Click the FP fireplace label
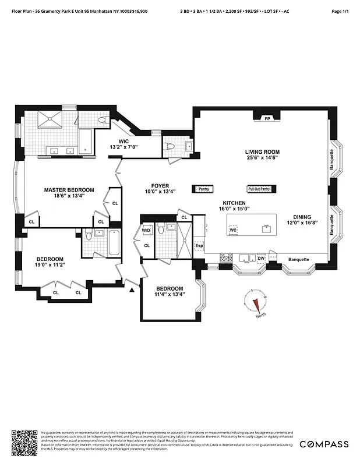point(267,118)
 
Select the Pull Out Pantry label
point(259,189)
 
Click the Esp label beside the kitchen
point(199,245)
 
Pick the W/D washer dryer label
point(146,231)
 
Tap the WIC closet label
point(123,141)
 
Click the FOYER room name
point(160,186)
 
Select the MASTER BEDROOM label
point(69,190)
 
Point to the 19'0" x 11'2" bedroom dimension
point(51,264)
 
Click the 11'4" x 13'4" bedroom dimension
point(169,295)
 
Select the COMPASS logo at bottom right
point(324,444)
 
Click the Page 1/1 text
point(340,10)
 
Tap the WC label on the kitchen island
point(233,230)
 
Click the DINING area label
point(302,217)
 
